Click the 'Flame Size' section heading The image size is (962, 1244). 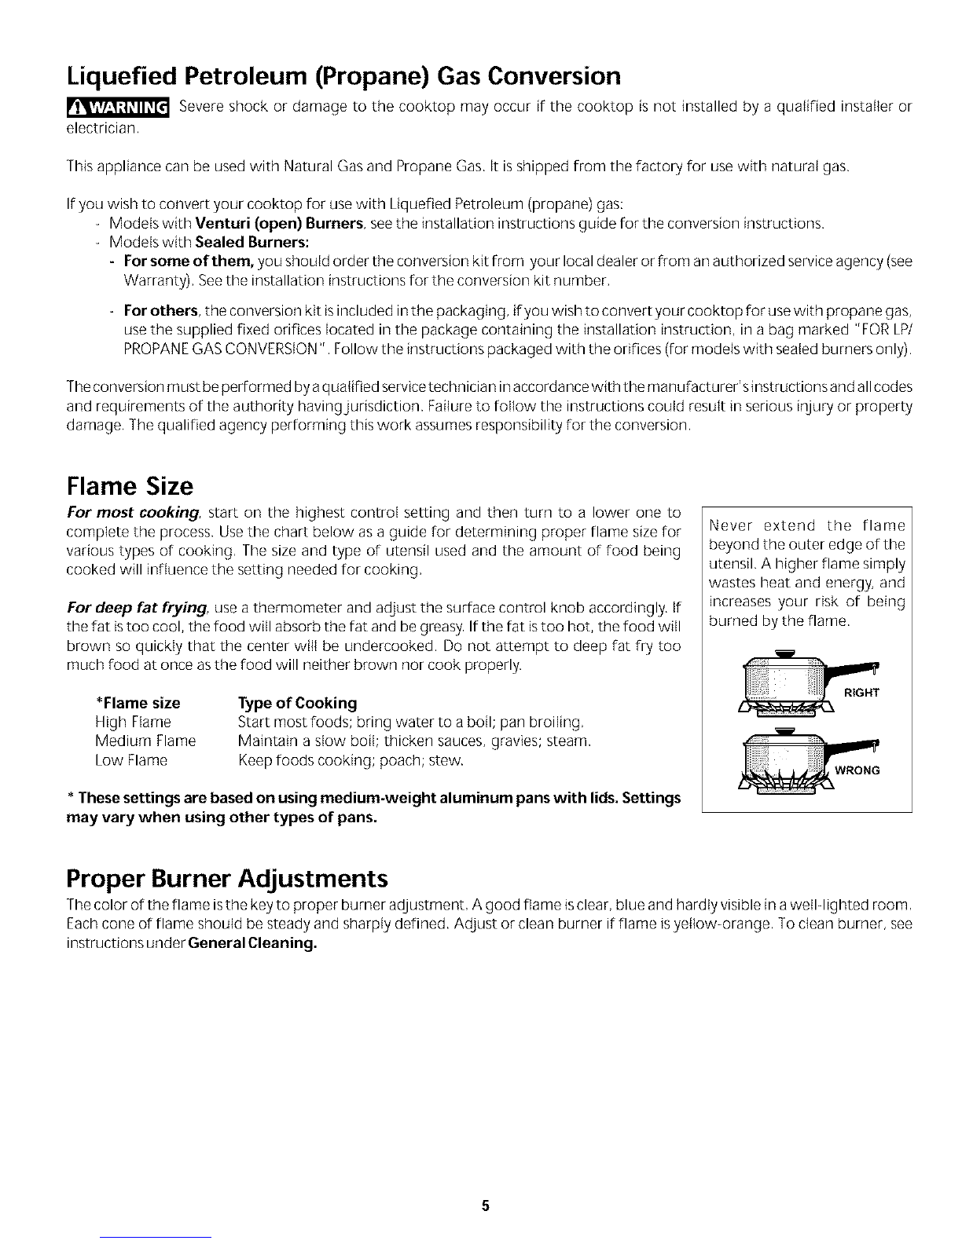pos(130,487)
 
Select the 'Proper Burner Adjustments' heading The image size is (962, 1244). pos(228,876)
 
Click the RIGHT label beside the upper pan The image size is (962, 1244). pos(862,692)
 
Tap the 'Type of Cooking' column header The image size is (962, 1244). pos(297,702)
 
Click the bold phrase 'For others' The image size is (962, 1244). pos(161,309)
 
